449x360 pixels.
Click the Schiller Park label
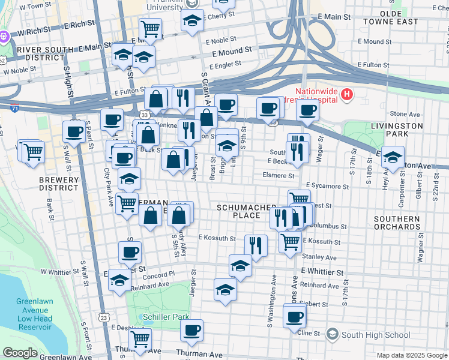166,317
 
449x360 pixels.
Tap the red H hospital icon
346,95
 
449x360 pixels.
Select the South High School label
367,334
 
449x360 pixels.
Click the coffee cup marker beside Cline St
294,316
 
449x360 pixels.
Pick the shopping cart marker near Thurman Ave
140,338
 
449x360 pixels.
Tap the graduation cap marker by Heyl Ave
393,158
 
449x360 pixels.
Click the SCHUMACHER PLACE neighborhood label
238,211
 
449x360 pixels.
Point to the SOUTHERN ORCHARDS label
396,223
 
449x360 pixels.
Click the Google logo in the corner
20,353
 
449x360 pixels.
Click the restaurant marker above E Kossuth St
256,245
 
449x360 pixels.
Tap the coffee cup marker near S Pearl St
74,132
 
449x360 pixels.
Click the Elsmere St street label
279,176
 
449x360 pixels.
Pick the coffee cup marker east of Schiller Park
192,330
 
